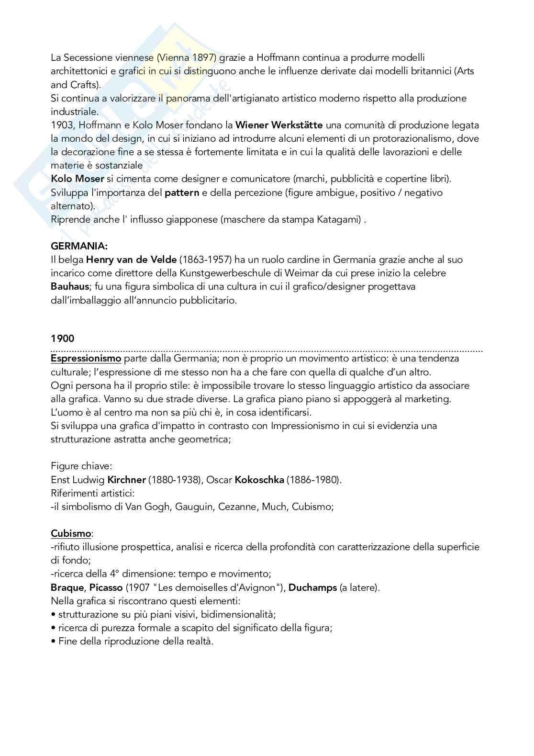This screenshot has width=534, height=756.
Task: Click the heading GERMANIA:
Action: point(79,246)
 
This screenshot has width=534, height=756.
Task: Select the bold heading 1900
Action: point(63,339)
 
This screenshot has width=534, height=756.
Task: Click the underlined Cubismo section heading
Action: point(71,533)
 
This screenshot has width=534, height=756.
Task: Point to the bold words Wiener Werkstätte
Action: point(279,125)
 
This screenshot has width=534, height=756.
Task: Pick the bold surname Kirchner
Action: point(126,480)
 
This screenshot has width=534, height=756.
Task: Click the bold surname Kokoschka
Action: point(259,480)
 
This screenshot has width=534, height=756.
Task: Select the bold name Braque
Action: point(67,587)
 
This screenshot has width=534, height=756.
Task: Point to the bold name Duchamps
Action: point(312,587)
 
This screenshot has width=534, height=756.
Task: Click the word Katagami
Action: point(338,220)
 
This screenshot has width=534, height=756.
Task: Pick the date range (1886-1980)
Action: point(314,480)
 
